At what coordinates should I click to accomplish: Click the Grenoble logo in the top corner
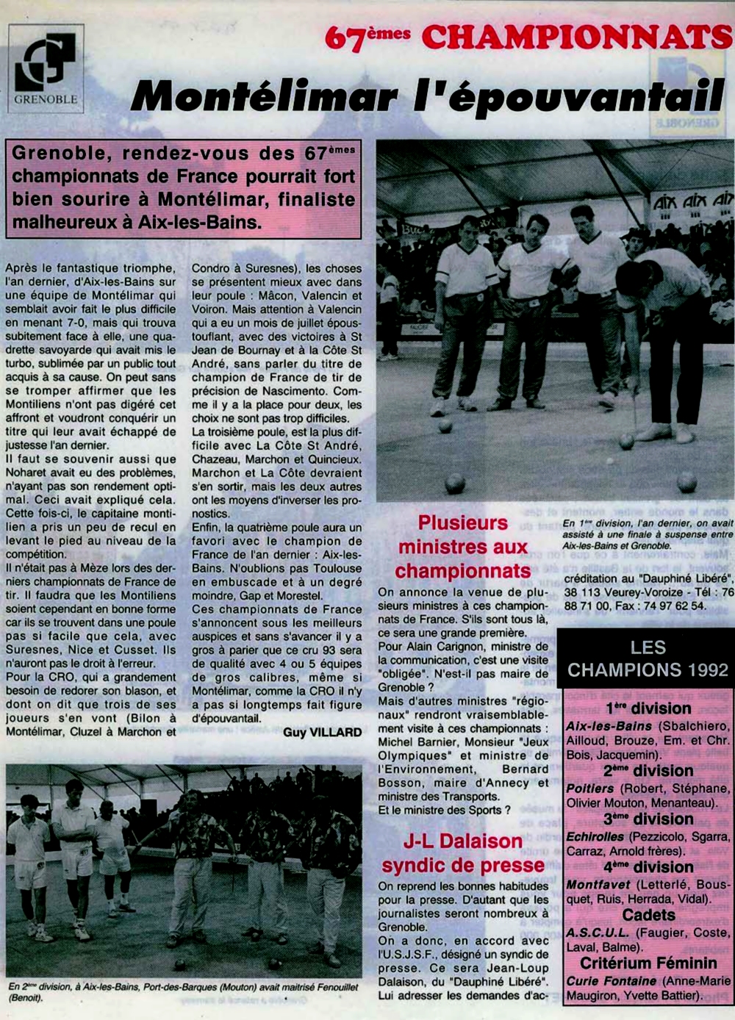point(46,68)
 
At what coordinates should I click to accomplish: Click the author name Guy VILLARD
point(323,732)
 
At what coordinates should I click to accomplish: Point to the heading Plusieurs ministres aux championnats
point(463,547)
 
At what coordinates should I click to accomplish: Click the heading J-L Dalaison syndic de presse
point(463,852)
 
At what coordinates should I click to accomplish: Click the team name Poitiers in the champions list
point(589,788)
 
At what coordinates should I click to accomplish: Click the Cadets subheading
point(648,915)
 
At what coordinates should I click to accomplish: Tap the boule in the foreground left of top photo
point(455,483)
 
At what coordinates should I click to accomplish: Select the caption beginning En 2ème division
point(184,992)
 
